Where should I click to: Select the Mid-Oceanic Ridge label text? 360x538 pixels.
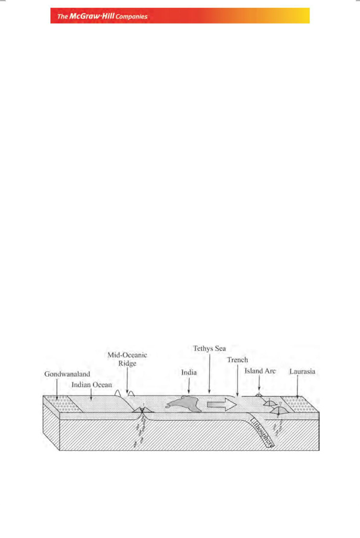point(128,359)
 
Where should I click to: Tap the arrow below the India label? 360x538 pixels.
point(188,386)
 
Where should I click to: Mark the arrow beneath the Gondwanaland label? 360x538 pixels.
point(57,388)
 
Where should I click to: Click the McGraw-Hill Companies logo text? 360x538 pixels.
point(102,16)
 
